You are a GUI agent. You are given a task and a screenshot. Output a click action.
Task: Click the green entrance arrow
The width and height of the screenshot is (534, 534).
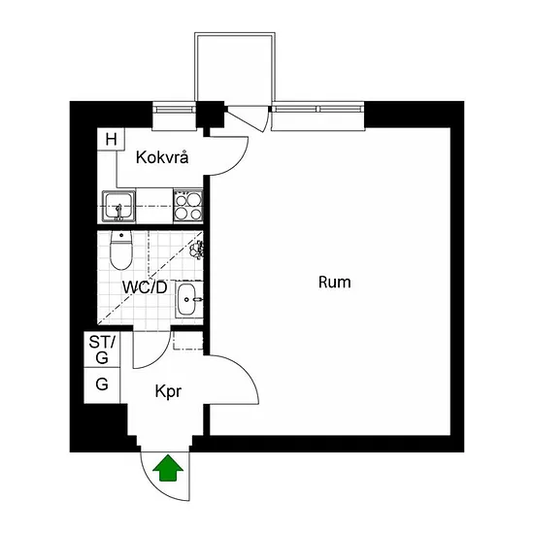click(x=168, y=468)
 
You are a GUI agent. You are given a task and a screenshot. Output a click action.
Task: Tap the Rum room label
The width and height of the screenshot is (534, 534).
click(x=334, y=283)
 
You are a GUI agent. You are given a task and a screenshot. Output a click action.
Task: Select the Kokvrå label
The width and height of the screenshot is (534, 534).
click(x=162, y=157)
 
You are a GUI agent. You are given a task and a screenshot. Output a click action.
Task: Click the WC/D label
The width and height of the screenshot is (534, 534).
click(x=145, y=287)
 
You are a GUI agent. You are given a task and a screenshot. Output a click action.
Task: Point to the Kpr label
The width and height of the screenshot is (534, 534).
click(x=168, y=392)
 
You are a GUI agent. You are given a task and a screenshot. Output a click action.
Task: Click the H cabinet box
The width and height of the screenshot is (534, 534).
click(x=111, y=139)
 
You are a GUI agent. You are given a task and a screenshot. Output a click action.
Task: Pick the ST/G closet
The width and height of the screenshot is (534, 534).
click(x=102, y=350)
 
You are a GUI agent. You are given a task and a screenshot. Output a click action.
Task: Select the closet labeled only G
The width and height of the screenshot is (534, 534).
click(x=102, y=385)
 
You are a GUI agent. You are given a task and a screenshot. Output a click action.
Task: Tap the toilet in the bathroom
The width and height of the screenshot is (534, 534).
click(x=121, y=250)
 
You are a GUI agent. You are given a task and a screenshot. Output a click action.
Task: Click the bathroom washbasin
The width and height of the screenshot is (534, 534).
click(x=187, y=299)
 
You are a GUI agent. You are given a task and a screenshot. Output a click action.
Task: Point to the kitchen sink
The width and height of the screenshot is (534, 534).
click(x=118, y=207)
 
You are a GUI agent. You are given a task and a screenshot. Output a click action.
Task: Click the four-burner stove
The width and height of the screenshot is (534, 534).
click(x=188, y=206)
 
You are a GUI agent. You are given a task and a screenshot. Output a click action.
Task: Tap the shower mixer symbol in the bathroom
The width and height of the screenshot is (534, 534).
click(x=196, y=249)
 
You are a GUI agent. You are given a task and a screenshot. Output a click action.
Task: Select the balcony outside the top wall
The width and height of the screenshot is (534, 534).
click(x=235, y=67)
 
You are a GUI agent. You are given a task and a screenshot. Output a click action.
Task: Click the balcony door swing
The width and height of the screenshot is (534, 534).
click(x=247, y=118)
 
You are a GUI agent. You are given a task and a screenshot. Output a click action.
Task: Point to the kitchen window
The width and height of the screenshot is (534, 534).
click(x=175, y=110)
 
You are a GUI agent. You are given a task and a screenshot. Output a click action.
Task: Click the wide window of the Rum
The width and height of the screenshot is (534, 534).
click(x=318, y=110)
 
